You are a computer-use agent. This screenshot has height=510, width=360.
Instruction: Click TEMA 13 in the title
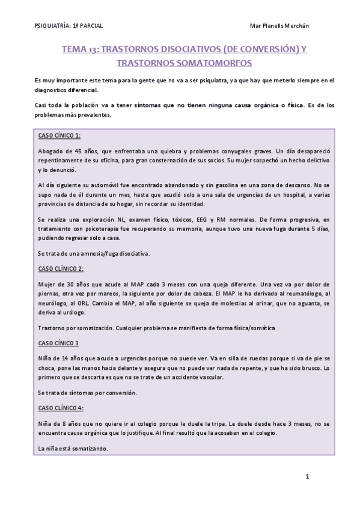tap(82, 51)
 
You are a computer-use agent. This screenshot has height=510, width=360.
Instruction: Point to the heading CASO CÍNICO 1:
tap(59, 135)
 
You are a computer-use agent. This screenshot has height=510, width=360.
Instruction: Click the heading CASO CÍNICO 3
tap(58, 343)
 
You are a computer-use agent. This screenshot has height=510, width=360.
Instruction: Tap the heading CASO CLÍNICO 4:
tap(61, 408)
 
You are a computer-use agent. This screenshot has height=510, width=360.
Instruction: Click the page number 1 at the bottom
tap(308, 478)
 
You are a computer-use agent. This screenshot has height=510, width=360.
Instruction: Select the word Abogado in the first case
tap(50, 150)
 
